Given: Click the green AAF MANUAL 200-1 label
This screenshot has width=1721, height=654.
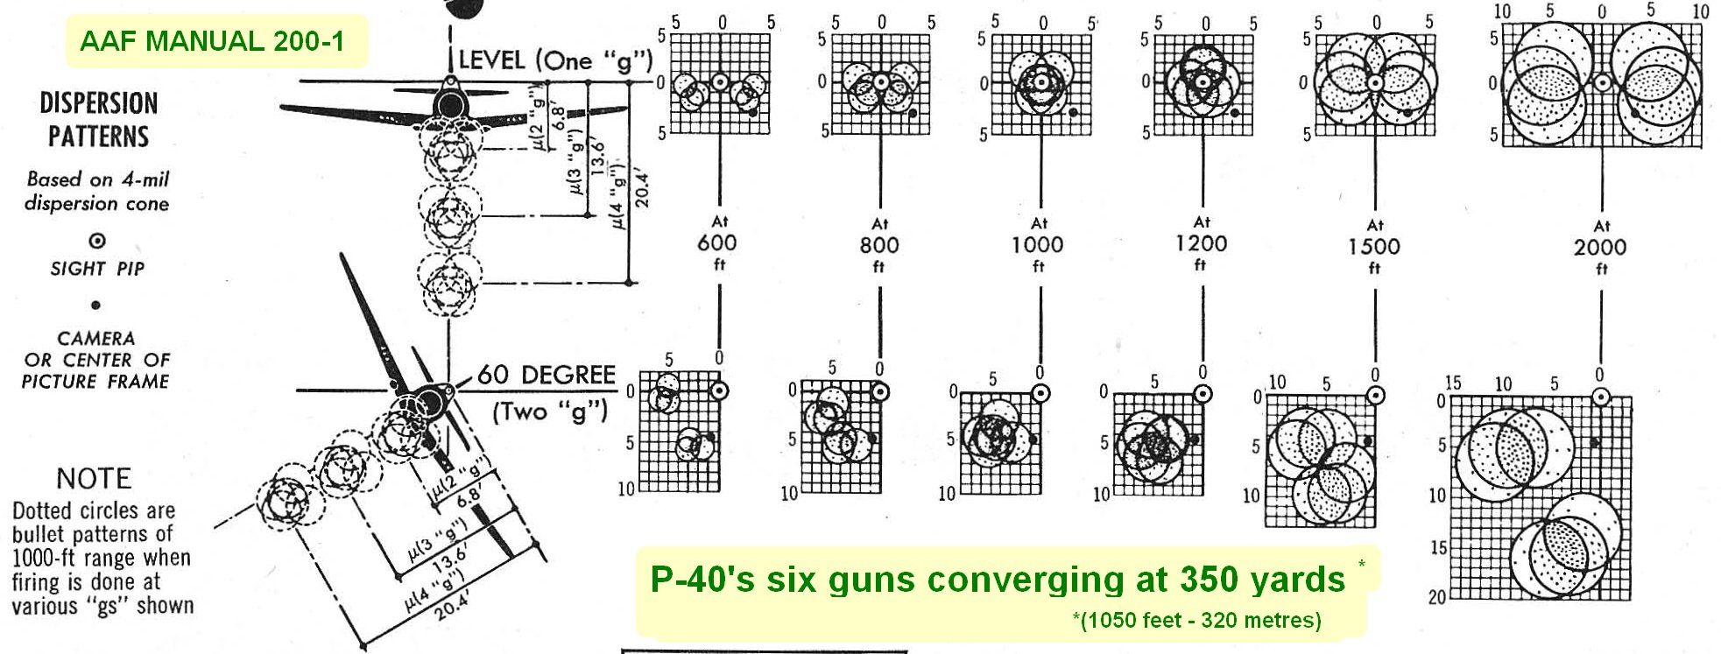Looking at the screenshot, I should coord(212,41).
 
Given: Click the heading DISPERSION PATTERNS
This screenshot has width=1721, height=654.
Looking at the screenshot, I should coord(98,120).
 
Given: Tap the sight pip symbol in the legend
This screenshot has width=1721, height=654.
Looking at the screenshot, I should coord(97,241).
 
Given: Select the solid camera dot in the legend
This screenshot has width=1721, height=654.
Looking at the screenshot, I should coord(95,305).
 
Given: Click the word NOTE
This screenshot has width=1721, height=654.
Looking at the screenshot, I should coord(94,478).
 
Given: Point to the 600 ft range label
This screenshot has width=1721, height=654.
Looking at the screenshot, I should coord(717,243).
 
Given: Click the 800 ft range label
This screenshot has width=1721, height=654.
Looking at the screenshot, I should coord(879,245).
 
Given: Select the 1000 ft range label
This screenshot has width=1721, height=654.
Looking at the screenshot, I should coord(1038,244).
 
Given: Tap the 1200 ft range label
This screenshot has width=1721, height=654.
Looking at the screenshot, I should coord(1201,243).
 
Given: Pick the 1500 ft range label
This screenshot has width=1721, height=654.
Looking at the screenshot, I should coord(1373,246).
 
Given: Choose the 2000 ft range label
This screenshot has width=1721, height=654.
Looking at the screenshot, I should coord(1600,247).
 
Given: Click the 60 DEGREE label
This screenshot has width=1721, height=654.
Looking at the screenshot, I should coord(546,375).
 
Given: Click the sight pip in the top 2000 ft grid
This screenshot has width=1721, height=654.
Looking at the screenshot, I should coord(1602,83).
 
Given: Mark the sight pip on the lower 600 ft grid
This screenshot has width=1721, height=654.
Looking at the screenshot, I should coord(720,390).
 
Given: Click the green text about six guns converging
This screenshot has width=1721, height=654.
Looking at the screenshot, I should coord(997,580).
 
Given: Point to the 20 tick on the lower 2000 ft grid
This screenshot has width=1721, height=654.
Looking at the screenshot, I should coord(1436,597).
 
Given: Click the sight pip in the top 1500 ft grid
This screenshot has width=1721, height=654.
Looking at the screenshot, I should coord(1375,83).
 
